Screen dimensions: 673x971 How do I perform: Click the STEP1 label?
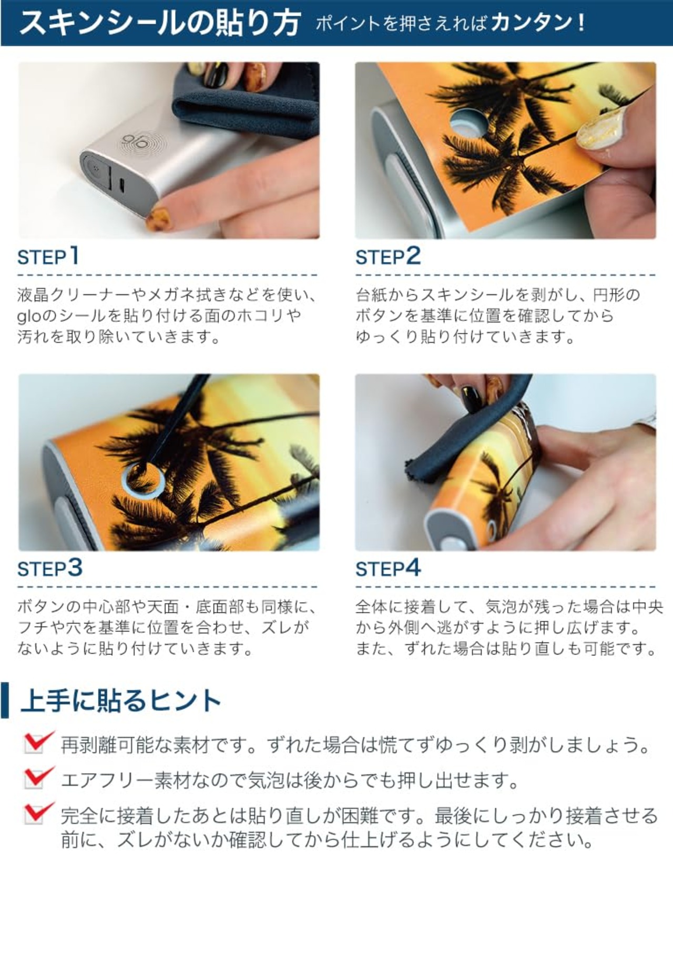(x=48, y=256)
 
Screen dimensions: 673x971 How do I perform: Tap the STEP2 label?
(x=388, y=256)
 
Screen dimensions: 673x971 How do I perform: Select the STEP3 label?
(x=50, y=568)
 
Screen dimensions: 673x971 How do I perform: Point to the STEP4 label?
(x=388, y=568)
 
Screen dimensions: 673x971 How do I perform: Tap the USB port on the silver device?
(x=122, y=185)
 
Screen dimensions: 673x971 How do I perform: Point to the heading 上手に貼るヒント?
(x=121, y=701)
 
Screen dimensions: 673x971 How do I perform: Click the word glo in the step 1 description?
(x=28, y=316)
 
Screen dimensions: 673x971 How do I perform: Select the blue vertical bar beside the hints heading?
(x=5, y=701)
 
